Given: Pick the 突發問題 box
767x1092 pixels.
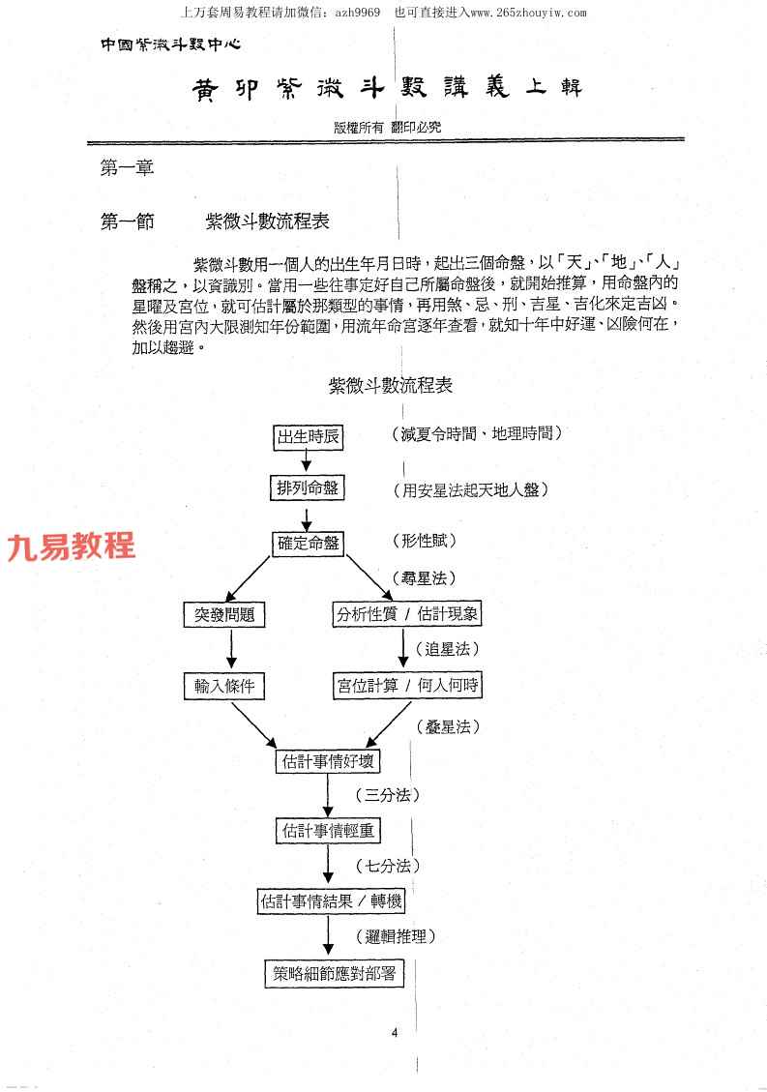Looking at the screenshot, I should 224,614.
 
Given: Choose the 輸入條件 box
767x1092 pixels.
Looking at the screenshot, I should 224,686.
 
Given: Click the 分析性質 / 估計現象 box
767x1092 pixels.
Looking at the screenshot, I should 406,614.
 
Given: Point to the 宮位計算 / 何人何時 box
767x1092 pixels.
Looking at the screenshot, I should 406,686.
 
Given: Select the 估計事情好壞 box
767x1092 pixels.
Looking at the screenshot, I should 327,760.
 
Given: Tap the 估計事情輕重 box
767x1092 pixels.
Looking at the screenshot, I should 327,830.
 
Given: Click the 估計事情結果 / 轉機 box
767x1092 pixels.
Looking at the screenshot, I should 331,901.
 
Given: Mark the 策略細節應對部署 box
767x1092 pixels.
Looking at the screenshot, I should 334,973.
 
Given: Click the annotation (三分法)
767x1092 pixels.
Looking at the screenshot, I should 393,796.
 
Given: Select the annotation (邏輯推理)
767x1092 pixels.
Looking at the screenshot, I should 401,936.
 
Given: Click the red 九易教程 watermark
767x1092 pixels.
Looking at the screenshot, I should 71,546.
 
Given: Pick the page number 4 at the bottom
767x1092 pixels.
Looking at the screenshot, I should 395,1033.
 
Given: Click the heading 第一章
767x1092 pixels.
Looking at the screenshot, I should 128,167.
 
